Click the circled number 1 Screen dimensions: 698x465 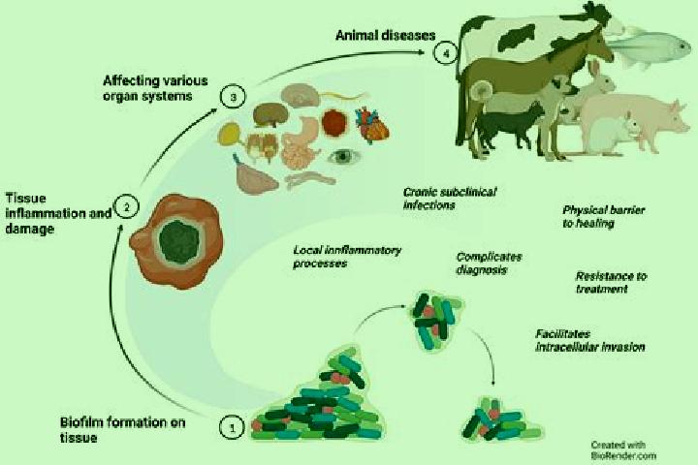tap(232, 427)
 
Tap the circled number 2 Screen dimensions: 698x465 tap(127, 207)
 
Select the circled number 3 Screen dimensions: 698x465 tap(234, 97)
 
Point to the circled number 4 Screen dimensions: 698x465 tap(446, 53)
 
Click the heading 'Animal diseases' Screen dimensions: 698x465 tap(386, 36)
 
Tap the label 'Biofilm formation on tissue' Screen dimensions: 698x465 tap(123, 430)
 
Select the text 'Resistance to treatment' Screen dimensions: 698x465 tap(611, 283)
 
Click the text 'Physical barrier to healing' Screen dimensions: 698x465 tap(603, 216)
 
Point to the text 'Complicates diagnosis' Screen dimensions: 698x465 tap(489, 263)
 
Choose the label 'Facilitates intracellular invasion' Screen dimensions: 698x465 tap(589, 340)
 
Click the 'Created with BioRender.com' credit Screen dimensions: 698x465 tap(623, 449)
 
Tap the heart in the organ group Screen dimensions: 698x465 tap(372, 126)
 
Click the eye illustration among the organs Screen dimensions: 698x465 tap(343, 156)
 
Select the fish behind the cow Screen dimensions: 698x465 tap(650, 47)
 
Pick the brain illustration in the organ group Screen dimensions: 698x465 tap(300, 95)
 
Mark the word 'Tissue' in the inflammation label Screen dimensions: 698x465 tap(26, 199)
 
